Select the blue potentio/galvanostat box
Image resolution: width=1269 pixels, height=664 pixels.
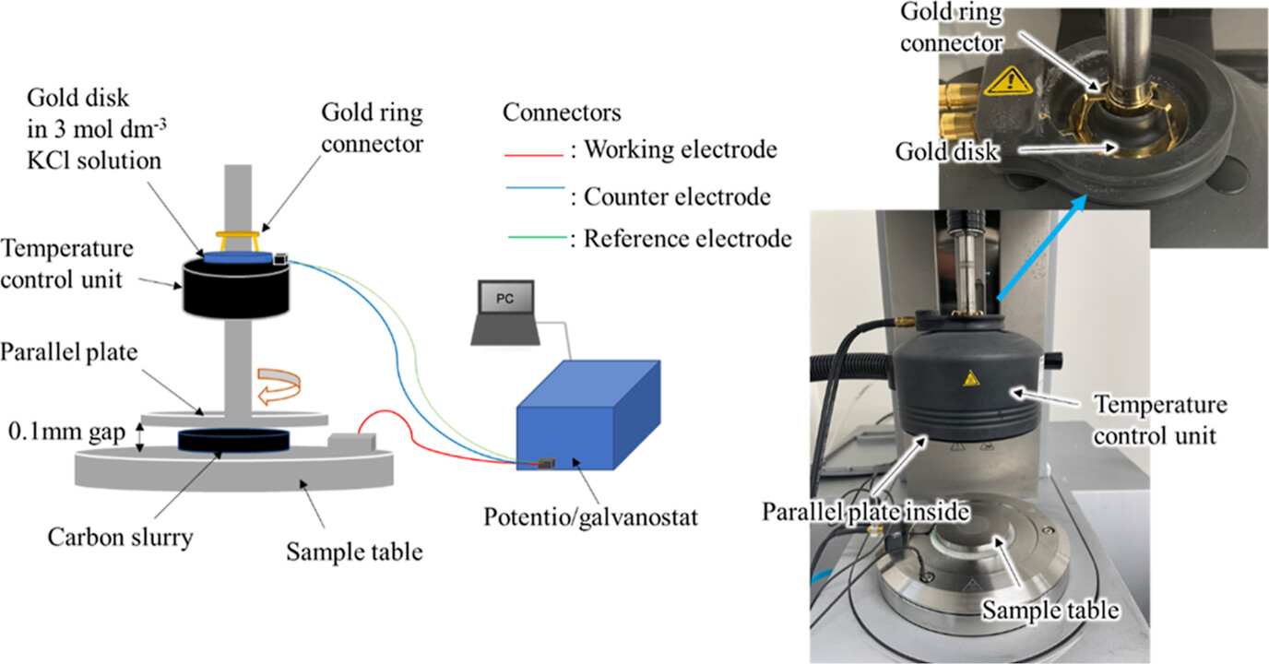click(586, 415)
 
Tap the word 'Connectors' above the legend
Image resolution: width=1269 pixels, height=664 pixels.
click(562, 113)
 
